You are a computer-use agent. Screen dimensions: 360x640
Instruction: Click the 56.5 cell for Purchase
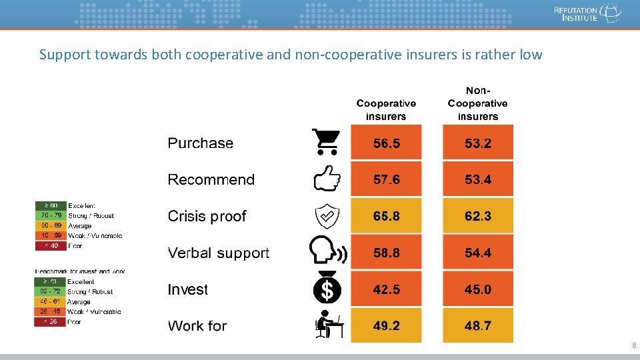pyautogui.click(x=386, y=143)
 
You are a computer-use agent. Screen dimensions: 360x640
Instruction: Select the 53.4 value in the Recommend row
pyautogui.click(x=478, y=179)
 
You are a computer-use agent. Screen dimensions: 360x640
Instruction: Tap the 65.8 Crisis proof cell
pyautogui.click(x=386, y=216)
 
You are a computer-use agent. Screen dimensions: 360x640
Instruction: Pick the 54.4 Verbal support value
pyautogui.click(x=478, y=253)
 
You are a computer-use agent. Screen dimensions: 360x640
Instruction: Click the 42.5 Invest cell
pyautogui.click(x=386, y=289)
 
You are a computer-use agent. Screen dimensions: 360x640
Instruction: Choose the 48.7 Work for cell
pyautogui.click(x=478, y=325)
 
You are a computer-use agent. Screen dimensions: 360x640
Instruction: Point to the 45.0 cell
pyautogui.click(x=478, y=289)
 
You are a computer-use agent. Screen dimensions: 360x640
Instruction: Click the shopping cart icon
pyautogui.click(x=326, y=141)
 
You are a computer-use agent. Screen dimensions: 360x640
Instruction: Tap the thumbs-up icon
pyautogui.click(x=327, y=179)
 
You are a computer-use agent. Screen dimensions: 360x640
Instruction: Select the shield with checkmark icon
pyautogui.click(x=327, y=216)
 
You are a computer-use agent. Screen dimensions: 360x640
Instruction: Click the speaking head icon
pyautogui.click(x=327, y=252)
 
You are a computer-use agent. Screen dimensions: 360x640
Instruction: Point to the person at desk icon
pyautogui.click(x=328, y=325)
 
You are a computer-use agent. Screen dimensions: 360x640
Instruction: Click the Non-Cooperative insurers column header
pyautogui.click(x=477, y=103)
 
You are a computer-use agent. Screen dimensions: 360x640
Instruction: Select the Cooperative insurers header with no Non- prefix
pyautogui.click(x=386, y=110)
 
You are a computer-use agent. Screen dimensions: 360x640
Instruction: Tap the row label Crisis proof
pyautogui.click(x=207, y=217)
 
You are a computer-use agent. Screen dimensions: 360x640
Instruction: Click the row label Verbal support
pyautogui.click(x=219, y=253)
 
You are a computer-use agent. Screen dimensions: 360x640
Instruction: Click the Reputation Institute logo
pyautogui.click(x=587, y=13)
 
